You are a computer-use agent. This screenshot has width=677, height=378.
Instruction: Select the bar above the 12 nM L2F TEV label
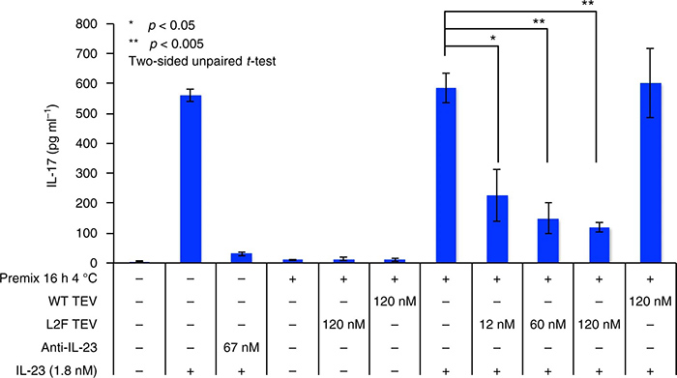click(x=496, y=229)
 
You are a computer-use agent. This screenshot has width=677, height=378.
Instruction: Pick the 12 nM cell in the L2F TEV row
click(x=496, y=325)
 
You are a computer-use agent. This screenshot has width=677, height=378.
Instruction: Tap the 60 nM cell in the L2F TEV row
click(x=548, y=325)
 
